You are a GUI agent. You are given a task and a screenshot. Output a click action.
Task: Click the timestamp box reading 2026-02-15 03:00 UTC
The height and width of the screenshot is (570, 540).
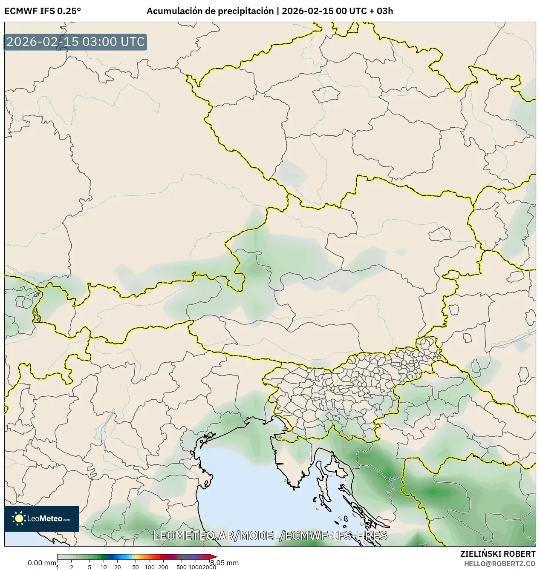[75, 42]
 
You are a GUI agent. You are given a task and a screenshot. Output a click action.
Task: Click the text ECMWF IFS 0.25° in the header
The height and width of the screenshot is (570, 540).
[43, 11]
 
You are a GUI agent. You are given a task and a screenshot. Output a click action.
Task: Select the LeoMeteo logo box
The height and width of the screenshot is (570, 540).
[42, 518]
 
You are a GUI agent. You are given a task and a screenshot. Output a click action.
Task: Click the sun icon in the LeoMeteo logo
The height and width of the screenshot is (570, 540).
[19, 518]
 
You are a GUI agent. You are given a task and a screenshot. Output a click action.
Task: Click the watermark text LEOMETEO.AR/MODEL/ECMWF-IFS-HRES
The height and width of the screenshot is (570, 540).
[270, 536]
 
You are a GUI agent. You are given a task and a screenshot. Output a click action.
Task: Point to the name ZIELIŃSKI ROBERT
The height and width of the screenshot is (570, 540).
[498, 554]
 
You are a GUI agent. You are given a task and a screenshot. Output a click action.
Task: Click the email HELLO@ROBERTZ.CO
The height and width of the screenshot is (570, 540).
[500, 563]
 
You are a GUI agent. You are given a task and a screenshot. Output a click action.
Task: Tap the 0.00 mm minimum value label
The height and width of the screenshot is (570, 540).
[41, 563]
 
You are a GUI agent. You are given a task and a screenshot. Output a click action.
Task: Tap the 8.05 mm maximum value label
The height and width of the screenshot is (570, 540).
[224, 563]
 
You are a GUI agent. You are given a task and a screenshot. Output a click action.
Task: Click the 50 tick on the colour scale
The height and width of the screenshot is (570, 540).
[136, 567]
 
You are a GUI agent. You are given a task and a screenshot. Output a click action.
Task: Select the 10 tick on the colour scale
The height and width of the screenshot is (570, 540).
[104, 567]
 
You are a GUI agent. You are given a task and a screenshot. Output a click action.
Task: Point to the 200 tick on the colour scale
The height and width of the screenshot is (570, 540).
[163, 567]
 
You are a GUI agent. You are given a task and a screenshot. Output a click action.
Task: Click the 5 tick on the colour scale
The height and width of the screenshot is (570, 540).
[90, 567]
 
